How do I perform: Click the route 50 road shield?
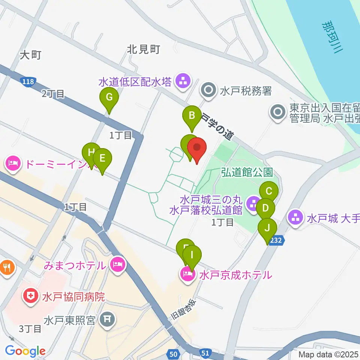tap(173, 353)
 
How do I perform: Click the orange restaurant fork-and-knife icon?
tap(7, 267)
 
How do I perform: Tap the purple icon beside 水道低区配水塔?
tap(183, 81)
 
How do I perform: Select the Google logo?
tap(25, 351)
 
